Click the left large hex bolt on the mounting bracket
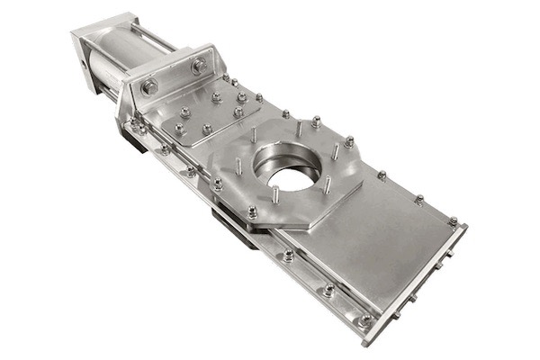(x=149, y=86)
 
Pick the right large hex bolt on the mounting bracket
(x=199, y=65)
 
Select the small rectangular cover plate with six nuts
(x=211, y=112)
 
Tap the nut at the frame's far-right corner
(x=453, y=220)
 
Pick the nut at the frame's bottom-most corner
(x=364, y=319)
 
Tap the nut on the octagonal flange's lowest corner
(x=253, y=213)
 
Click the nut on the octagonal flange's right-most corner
(x=349, y=141)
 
